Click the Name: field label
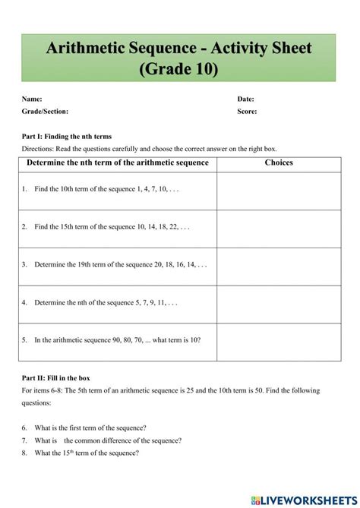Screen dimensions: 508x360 click(32, 99)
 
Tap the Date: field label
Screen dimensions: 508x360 click(245, 99)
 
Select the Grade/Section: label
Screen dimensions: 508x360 click(45, 111)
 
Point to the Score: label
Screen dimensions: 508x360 click(247, 111)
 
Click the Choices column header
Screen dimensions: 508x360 click(279, 162)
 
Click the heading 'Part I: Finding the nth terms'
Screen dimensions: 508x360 click(68, 137)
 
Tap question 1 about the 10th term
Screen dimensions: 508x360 click(106, 188)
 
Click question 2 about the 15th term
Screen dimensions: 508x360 click(111, 226)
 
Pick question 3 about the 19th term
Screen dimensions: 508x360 click(120, 264)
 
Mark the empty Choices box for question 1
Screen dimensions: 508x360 click(279, 191)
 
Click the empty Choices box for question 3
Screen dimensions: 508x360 click(279, 267)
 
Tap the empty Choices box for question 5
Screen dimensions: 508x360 click(279, 342)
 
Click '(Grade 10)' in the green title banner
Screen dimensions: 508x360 click(179, 69)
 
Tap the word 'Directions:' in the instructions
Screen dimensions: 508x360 click(36, 149)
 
